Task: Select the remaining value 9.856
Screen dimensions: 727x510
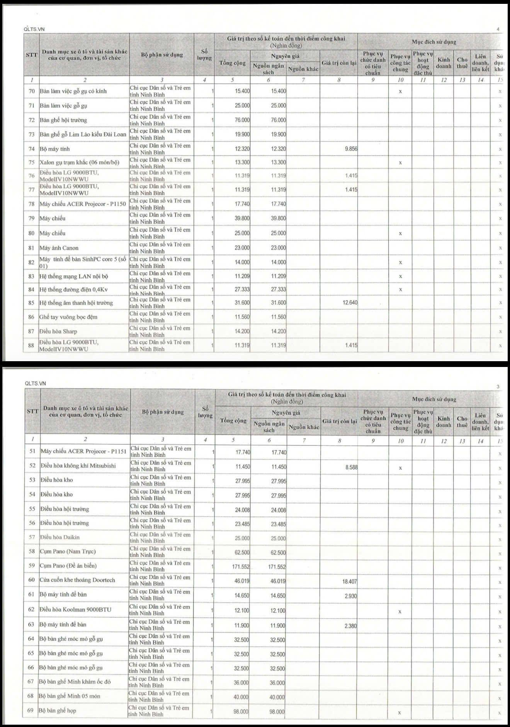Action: point(351,149)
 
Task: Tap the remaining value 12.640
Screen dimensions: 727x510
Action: point(350,302)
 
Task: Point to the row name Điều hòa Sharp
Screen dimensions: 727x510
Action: point(58,331)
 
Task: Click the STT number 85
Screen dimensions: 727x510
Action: point(31,303)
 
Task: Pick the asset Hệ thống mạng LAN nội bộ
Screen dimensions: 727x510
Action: point(74,276)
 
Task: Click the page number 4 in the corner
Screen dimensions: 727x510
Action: point(498,29)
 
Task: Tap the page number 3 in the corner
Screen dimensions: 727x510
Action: point(498,387)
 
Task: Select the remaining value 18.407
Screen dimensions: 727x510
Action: point(350,581)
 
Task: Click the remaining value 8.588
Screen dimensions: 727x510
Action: point(351,467)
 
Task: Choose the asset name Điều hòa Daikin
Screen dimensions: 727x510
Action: point(60,537)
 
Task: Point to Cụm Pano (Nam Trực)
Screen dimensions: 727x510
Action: point(68,551)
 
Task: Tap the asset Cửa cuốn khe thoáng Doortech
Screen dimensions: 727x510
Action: point(77,580)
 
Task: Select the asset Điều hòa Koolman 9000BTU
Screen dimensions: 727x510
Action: point(75,610)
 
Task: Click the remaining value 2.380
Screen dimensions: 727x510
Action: point(350,626)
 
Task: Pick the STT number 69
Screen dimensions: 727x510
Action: point(31,710)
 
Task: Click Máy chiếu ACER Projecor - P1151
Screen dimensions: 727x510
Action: point(83,451)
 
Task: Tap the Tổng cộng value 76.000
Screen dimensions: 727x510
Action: point(242,120)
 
